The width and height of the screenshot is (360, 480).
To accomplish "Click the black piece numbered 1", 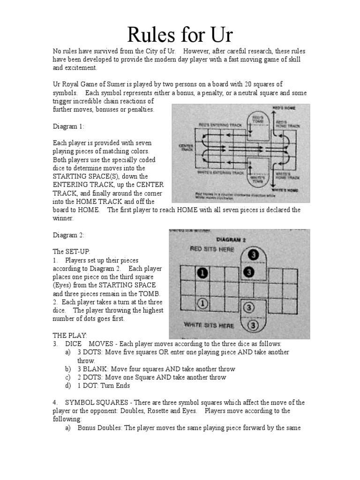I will point(202,273).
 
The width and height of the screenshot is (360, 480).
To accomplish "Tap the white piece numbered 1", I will point(202,304).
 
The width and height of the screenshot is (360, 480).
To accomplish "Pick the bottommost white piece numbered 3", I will point(253,325).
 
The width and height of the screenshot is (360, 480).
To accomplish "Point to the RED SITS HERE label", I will point(212,249).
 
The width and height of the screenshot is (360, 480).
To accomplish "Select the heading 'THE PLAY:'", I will point(70,336).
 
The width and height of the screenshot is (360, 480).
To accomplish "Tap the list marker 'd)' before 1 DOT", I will point(68,386).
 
